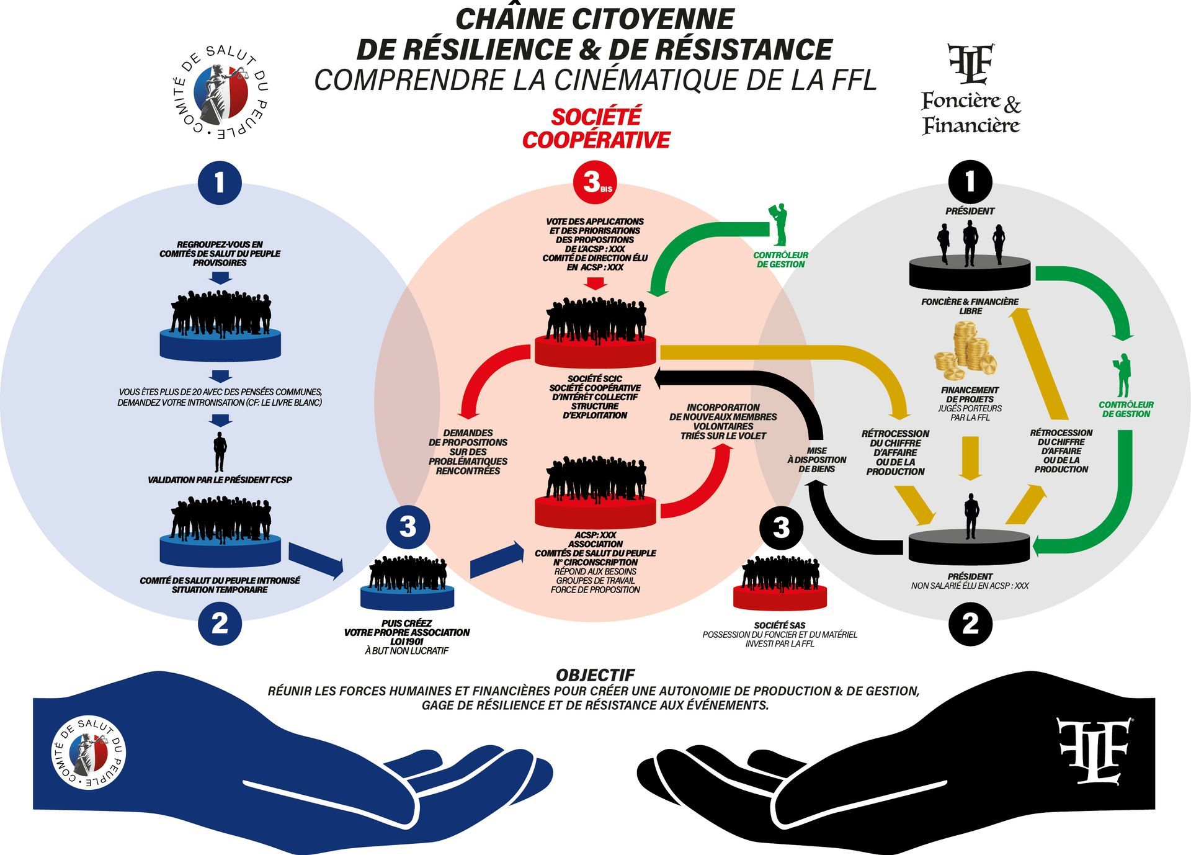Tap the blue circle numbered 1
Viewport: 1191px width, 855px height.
point(219,182)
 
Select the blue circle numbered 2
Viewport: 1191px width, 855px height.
point(220,624)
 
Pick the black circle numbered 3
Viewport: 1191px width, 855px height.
point(781,528)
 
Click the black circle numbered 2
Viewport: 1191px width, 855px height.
point(970,624)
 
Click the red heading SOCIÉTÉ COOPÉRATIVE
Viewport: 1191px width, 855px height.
point(596,128)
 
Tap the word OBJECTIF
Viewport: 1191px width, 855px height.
point(595,675)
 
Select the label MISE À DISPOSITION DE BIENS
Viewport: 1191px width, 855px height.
point(816,460)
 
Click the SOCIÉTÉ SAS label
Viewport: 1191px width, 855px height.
point(780,625)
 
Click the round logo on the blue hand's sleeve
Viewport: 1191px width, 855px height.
point(88,754)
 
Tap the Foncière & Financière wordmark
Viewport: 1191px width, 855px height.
point(971,113)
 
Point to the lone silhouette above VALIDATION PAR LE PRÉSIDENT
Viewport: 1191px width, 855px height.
point(219,452)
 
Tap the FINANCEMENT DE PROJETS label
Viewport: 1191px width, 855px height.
point(970,395)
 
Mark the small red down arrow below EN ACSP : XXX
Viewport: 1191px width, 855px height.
point(595,283)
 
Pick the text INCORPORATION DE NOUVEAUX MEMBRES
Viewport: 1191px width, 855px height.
point(723,412)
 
